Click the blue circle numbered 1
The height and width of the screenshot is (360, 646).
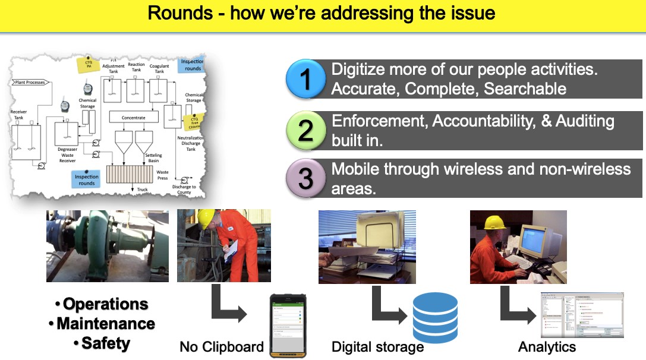coord(305,79)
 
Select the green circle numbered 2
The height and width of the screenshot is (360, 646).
coord(305,130)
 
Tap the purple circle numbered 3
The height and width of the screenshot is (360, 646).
coord(305,179)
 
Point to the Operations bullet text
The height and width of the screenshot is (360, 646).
coord(105,304)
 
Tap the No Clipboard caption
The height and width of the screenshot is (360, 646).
coord(222,347)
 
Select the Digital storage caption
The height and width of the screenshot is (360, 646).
coord(377,347)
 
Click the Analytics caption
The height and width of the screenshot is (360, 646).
coord(547,347)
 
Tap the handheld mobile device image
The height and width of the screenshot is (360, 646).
coord(287,326)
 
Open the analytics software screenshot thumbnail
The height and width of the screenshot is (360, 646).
coord(582,315)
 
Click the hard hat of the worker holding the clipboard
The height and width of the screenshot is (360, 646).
coord(206,217)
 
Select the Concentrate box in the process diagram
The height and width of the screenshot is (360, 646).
coord(134,118)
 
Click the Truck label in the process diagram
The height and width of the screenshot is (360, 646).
coord(142,190)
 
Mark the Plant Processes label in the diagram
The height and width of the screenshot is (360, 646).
coord(29,83)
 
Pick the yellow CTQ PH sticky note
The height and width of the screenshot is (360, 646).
coord(89,64)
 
